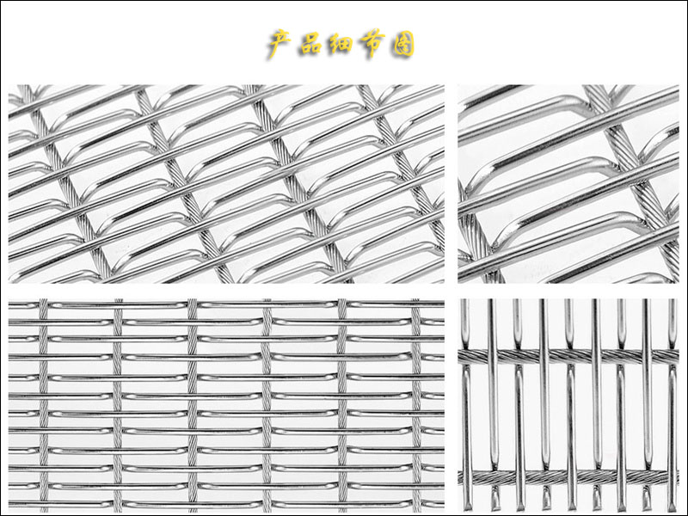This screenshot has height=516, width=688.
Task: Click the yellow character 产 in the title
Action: coord(280,44)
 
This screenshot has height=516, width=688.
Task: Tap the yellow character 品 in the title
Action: coord(311,44)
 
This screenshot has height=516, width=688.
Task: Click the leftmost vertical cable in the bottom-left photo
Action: coord(43,405)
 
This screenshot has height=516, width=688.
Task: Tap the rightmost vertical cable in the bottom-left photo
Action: coord(416,405)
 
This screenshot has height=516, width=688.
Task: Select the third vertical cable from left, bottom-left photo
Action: coord(192,405)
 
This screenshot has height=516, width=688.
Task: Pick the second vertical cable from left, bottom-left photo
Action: coord(118,405)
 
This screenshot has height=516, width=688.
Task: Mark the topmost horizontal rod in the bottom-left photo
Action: coord(226,304)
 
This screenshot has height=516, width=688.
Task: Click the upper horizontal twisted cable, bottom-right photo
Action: coord(568,356)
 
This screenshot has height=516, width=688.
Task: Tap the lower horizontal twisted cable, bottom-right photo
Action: coord(568,477)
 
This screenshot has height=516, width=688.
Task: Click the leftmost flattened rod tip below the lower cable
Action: coord(494,498)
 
